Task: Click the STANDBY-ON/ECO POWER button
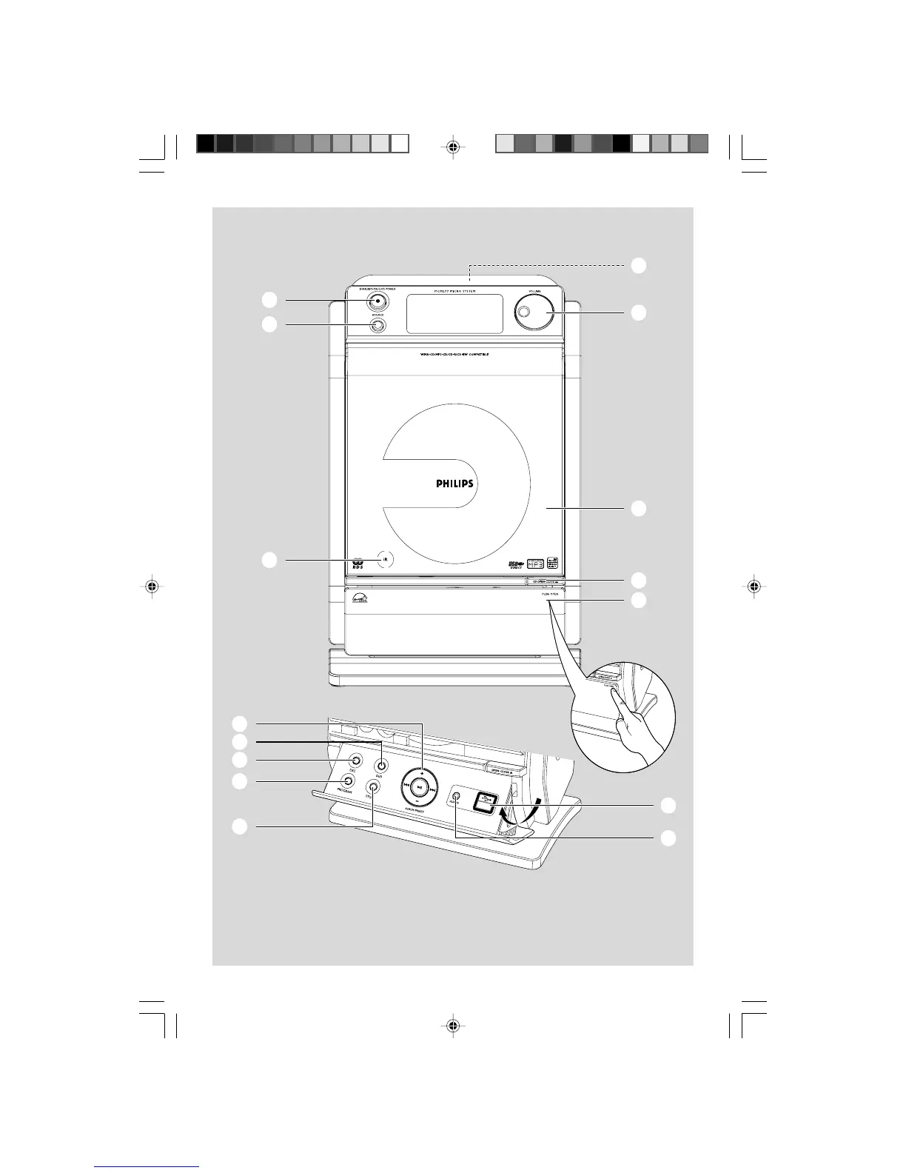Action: coord(377,301)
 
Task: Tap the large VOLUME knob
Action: coord(530,313)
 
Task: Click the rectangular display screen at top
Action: coord(454,313)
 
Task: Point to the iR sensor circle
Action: coord(383,560)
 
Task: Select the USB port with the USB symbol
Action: coord(485,801)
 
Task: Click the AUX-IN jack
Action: coord(456,800)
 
